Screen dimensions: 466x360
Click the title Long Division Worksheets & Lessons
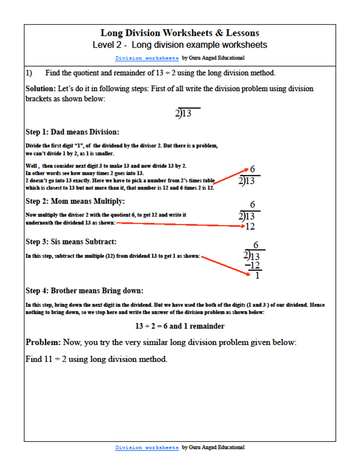click(x=180, y=33)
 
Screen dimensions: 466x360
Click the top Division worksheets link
click(x=147, y=58)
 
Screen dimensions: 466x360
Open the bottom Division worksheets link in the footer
click(x=147, y=447)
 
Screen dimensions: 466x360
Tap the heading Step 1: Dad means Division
click(x=72, y=132)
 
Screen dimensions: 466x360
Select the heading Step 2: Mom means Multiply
click(x=75, y=201)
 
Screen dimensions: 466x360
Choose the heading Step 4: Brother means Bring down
click(x=84, y=291)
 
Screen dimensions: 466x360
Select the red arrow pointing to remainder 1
click(x=225, y=265)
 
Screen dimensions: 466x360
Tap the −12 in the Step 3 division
click(x=253, y=266)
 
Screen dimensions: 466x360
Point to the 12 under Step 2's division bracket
click(x=250, y=227)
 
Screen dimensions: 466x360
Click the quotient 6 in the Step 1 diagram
click(x=252, y=169)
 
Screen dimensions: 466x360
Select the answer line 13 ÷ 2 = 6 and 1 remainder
click(x=180, y=327)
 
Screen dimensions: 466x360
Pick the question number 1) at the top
click(x=29, y=73)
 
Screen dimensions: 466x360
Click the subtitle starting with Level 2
click(x=180, y=45)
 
